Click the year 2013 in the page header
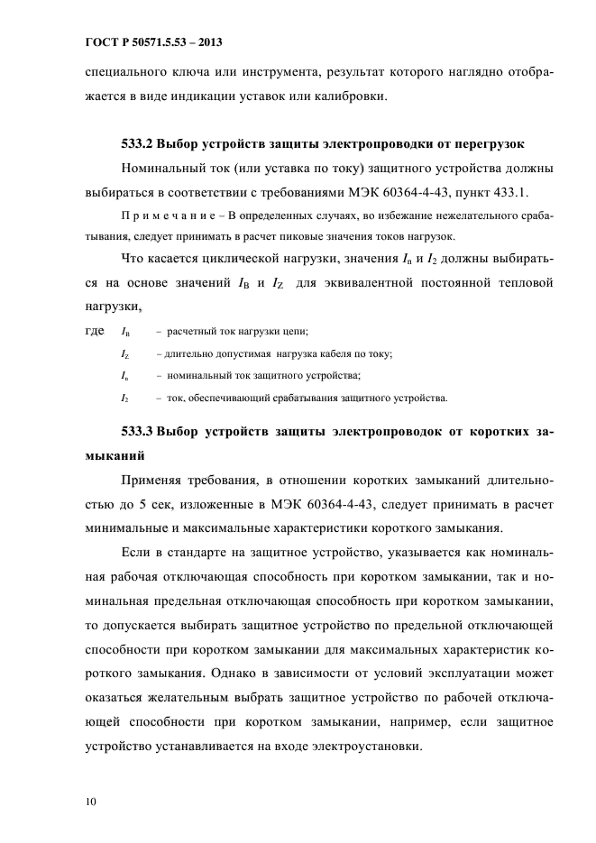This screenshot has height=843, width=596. (207, 42)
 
